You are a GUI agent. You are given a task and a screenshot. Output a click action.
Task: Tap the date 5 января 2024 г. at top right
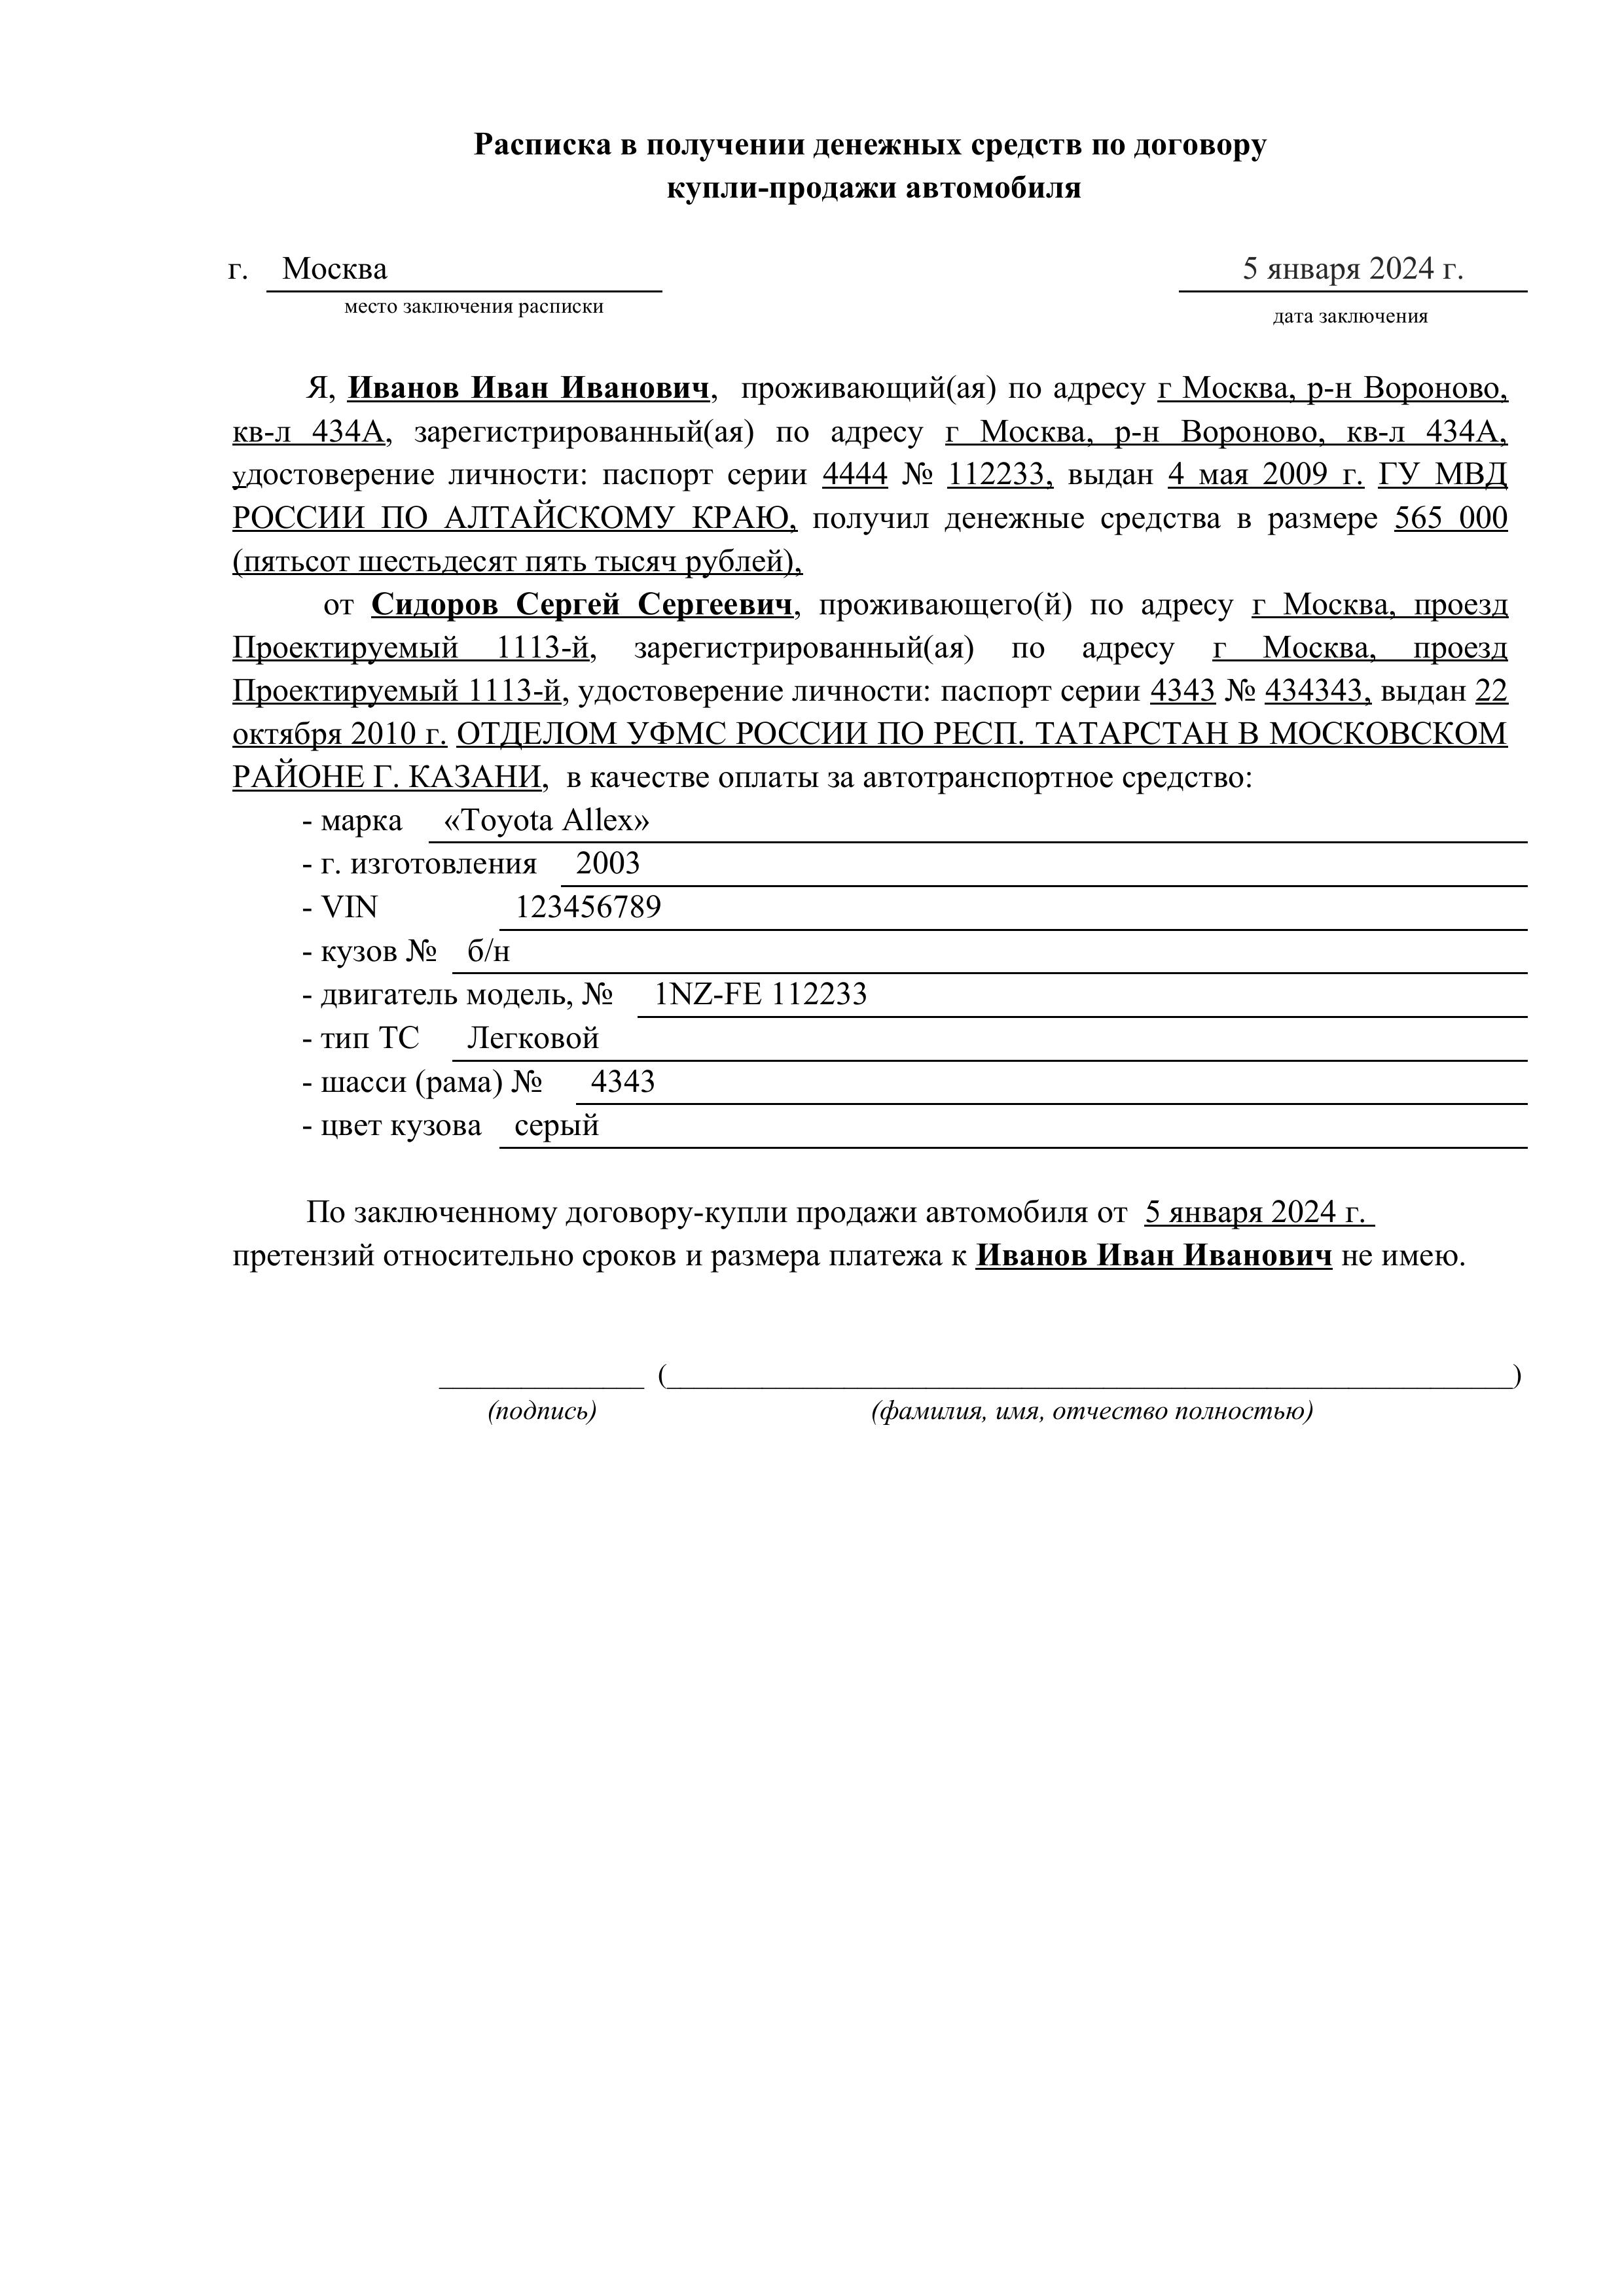pyautogui.click(x=1352, y=269)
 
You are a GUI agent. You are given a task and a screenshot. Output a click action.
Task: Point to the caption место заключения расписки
pyautogui.click(x=474, y=307)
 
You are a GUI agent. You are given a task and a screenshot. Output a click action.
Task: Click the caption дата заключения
pyautogui.click(x=1350, y=317)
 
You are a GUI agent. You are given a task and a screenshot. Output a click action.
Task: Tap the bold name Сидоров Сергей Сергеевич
pyautogui.click(x=584, y=604)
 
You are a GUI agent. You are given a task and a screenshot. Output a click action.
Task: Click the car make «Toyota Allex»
pyautogui.click(x=546, y=820)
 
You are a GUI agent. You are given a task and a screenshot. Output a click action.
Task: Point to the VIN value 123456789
pyautogui.click(x=588, y=907)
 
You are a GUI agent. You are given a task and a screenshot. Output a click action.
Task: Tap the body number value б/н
pyautogui.click(x=489, y=952)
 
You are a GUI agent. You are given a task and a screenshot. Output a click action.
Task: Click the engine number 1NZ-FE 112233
pyautogui.click(x=760, y=994)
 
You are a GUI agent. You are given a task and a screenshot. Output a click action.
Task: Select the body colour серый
pyautogui.click(x=556, y=1125)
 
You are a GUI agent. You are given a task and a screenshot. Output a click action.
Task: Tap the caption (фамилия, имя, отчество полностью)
pyautogui.click(x=1092, y=1411)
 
